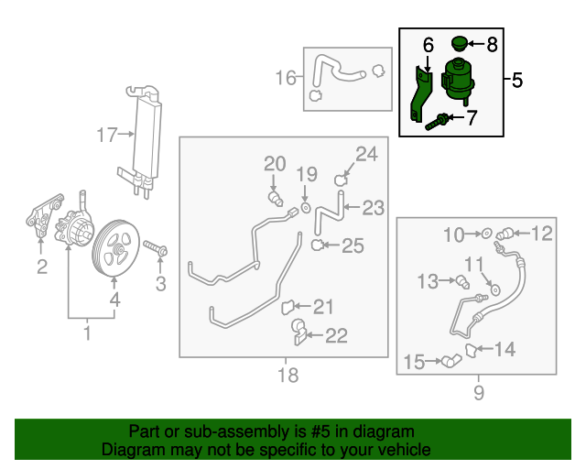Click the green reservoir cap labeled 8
[x=461, y=43]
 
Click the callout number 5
[x=516, y=81]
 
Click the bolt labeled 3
[x=157, y=249]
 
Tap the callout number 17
[x=109, y=136]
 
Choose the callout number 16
[x=287, y=78]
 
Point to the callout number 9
[x=477, y=393]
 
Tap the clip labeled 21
[x=287, y=306]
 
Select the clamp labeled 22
[x=298, y=331]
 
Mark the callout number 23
[x=373, y=208]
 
